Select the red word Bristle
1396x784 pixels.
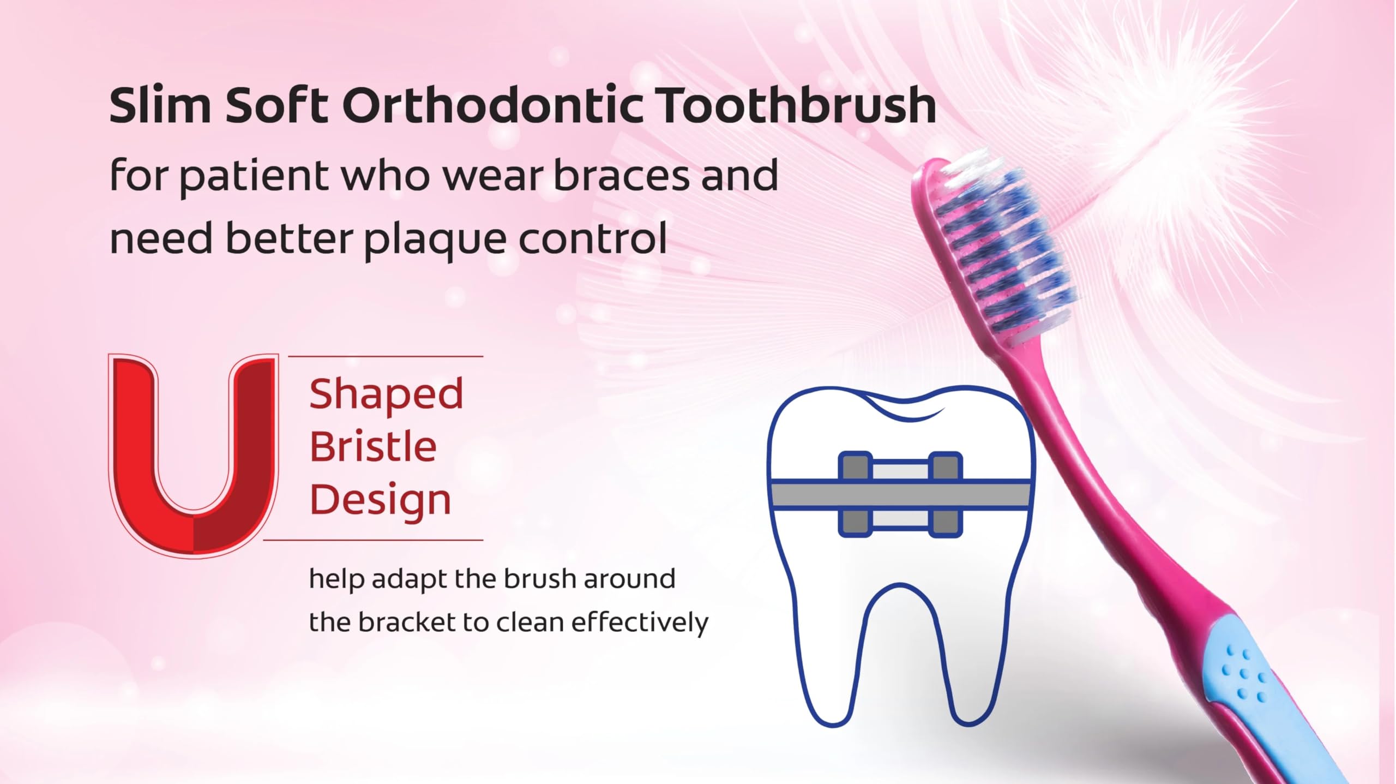pyautogui.click(x=373, y=446)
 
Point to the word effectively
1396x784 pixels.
pyautogui.click(x=640, y=623)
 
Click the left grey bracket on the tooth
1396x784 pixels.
pyautogui.click(x=855, y=494)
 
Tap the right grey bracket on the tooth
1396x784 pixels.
pyautogui.click(x=946, y=494)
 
